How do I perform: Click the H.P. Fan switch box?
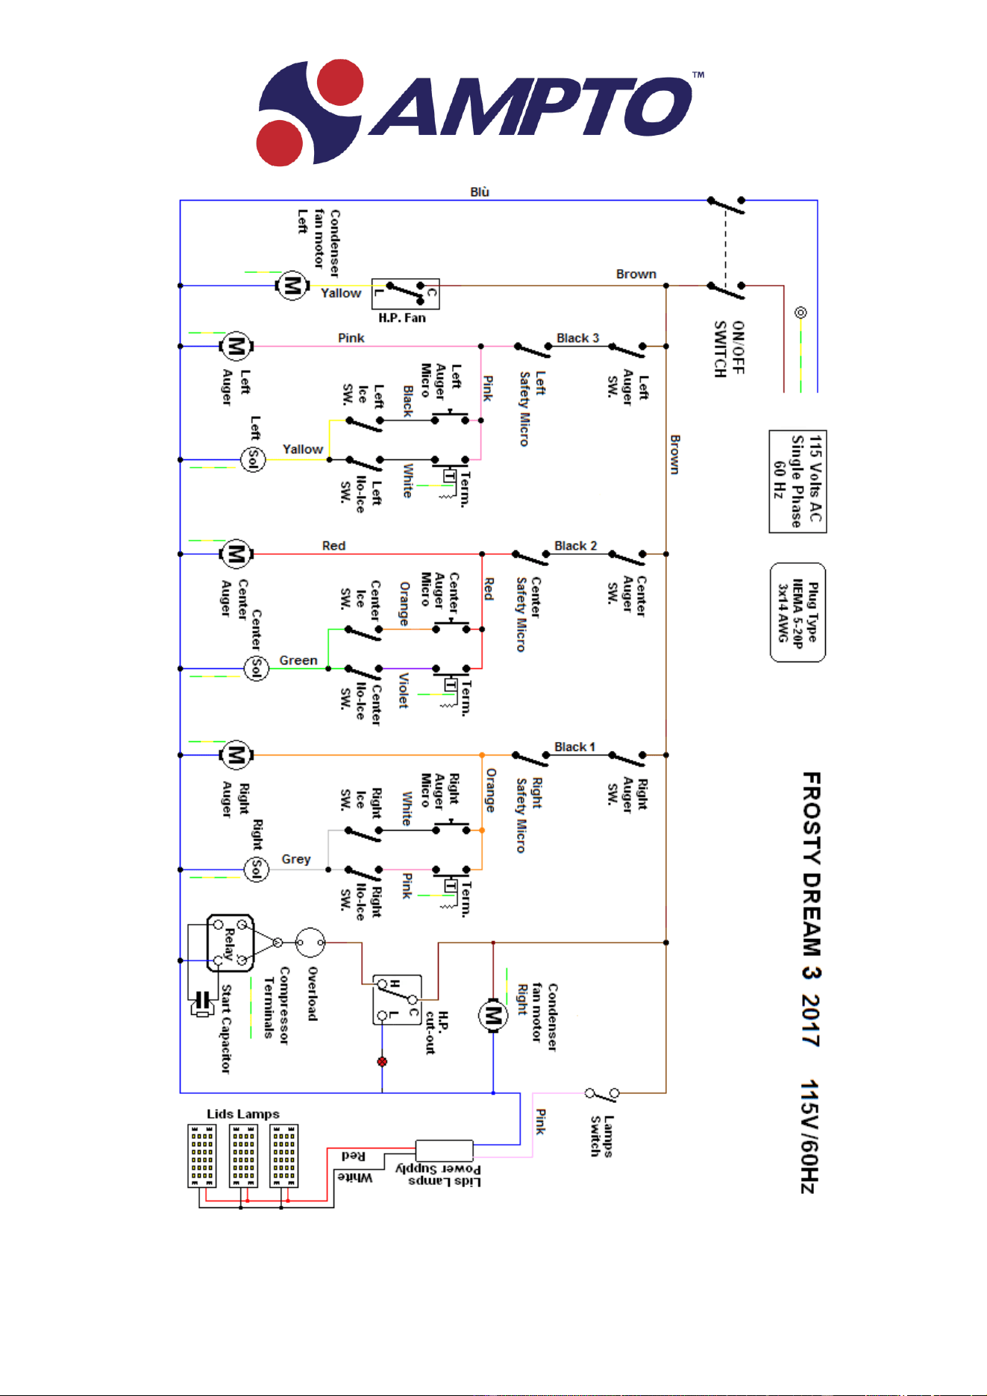tap(406, 294)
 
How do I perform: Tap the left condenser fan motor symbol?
tap(292, 286)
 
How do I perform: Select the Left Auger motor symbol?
tap(236, 347)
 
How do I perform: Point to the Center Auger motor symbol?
tap(236, 554)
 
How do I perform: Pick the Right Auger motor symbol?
tap(236, 755)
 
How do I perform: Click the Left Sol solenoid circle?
tap(253, 459)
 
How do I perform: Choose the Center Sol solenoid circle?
tap(257, 668)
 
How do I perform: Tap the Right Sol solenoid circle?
tap(257, 869)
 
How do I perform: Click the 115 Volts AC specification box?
tap(798, 482)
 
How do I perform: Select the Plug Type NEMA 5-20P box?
tap(798, 612)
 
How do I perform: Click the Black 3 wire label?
tap(577, 338)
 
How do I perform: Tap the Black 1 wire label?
tap(574, 746)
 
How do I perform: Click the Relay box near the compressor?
tap(231, 943)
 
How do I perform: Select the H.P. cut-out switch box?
tap(398, 1000)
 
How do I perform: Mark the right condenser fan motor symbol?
tap(493, 1015)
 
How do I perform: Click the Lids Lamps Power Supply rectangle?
tap(444, 1150)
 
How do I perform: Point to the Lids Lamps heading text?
tap(243, 1113)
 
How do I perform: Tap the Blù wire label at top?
tap(480, 192)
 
